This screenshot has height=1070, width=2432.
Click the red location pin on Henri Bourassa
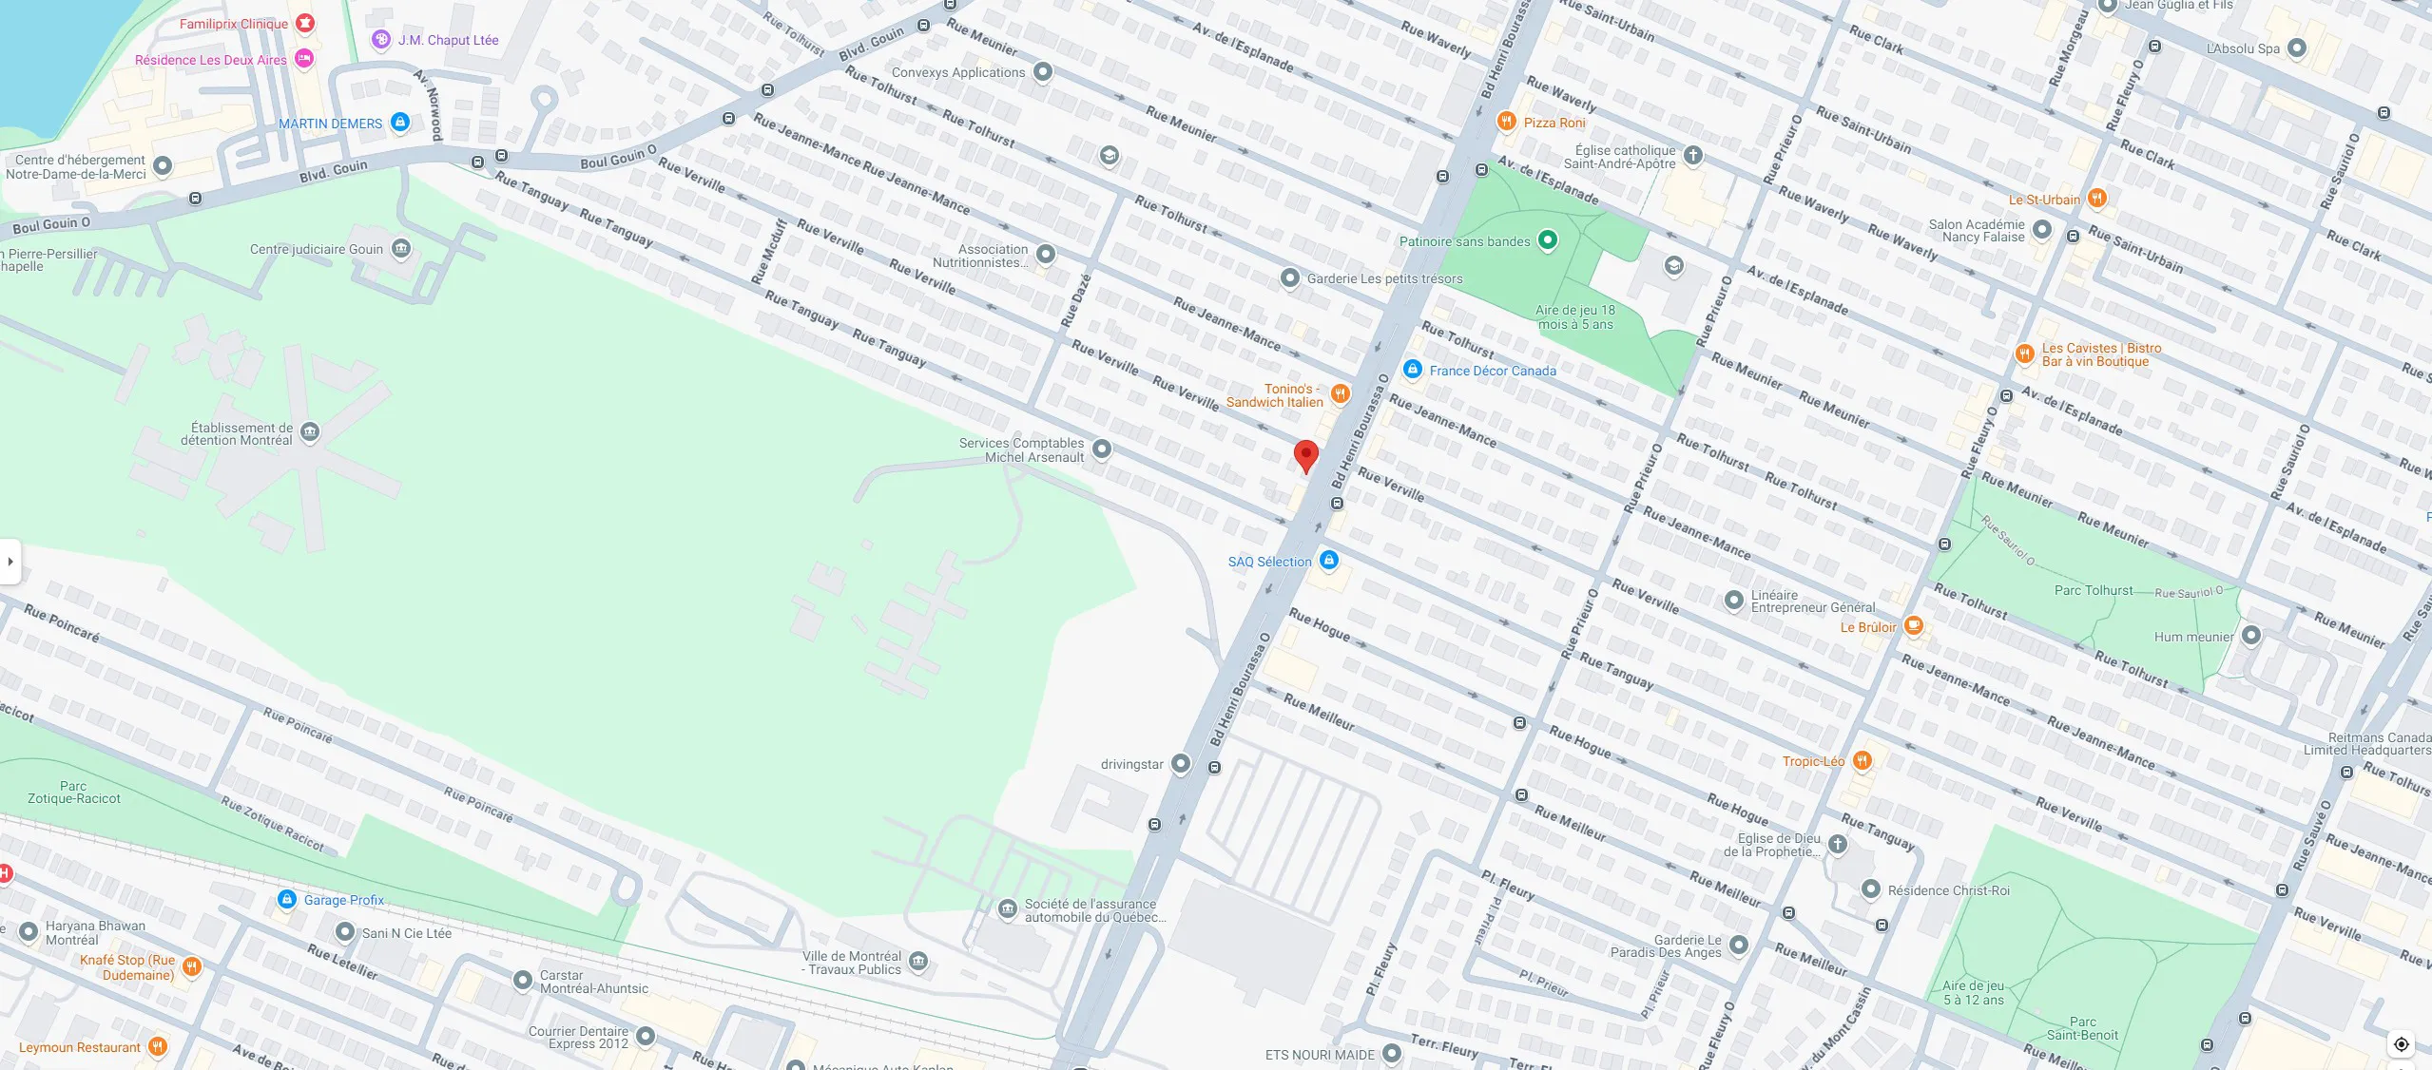click(1306, 455)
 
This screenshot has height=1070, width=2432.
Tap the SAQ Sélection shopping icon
click(1329, 560)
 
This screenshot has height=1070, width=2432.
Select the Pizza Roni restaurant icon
click(1506, 121)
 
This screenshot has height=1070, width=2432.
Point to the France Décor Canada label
click(1493, 371)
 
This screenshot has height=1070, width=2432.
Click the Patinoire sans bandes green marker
click(1548, 240)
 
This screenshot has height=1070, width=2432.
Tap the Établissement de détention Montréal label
click(241, 434)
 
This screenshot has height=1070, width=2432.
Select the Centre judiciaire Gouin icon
click(401, 249)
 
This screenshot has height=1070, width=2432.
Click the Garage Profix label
click(343, 900)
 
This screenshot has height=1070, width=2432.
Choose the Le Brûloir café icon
click(1914, 625)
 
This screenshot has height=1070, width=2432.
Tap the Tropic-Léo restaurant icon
click(1863, 760)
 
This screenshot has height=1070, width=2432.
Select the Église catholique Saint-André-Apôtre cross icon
click(1692, 155)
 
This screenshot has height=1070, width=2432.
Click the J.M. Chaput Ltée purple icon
click(381, 40)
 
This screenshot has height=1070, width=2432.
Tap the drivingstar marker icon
click(1181, 763)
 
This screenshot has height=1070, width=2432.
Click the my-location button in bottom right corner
click(2401, 1044)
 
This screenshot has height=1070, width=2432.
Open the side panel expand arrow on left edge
click(10, 561)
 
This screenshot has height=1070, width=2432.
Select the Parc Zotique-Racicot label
click(74, 793)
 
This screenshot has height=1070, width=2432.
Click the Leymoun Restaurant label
click(80, 1047)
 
